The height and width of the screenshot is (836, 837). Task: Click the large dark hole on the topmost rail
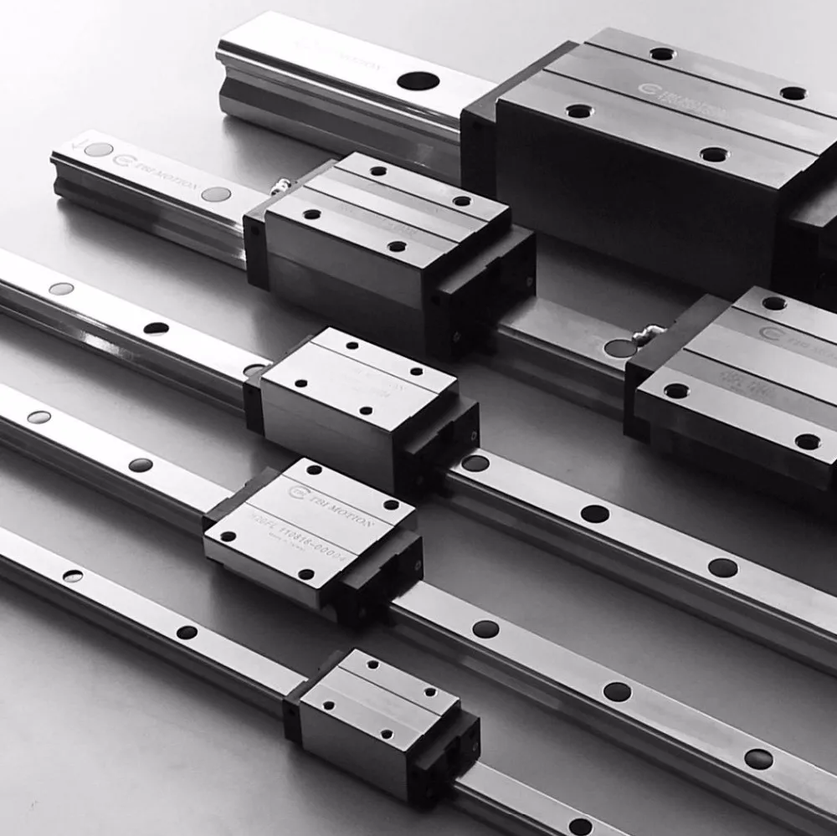[418, 81]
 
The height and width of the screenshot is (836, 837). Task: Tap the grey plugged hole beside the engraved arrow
[98, 150]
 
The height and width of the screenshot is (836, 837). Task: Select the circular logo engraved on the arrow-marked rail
[127, 159]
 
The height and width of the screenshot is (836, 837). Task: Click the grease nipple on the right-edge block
[644, 335]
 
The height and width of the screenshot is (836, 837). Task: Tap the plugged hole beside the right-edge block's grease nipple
[620, 347]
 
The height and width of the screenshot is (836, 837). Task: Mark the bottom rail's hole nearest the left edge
[73, 576]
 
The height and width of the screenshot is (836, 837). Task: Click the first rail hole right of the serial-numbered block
[485, 628]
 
